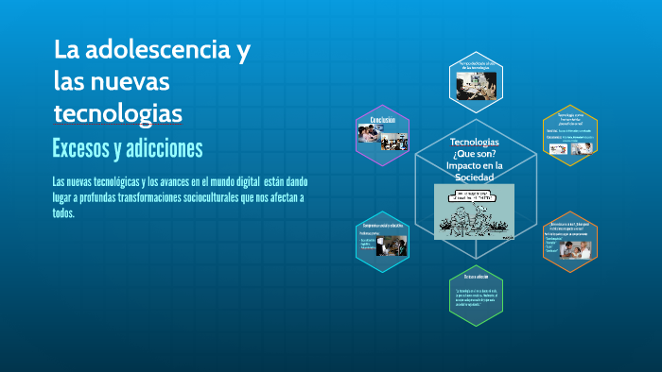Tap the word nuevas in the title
point(133,81)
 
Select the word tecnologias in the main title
point(117,113)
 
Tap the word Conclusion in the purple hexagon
point(382,121)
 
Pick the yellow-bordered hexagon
point(569,133)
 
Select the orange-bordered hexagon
point(569,241)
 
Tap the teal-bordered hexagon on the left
point(382,240)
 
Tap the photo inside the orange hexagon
point(579,248)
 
